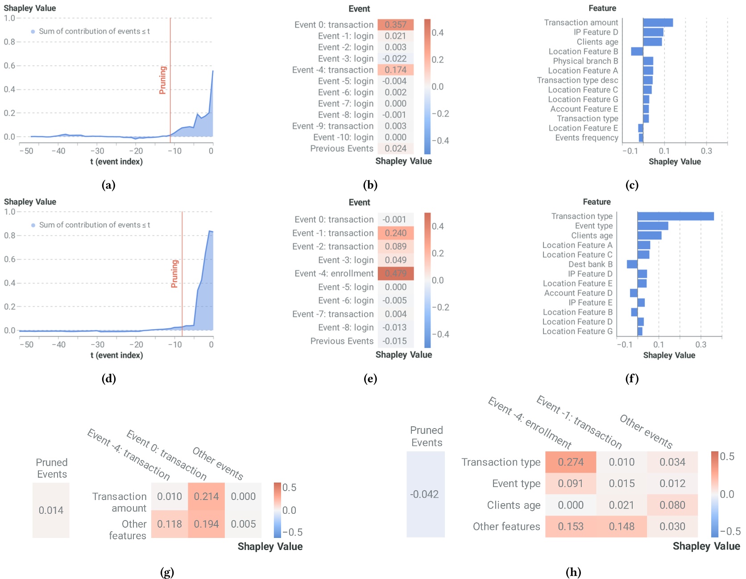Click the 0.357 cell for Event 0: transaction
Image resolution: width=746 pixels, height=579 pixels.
(x=395, y=25)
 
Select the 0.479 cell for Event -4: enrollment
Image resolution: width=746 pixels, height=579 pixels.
(x=395, y=273)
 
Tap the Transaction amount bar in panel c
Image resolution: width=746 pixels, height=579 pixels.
(x=658, y=22)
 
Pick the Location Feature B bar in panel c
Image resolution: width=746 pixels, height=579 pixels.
(x=637, y=51)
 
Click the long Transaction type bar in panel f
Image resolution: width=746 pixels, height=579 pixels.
(x=675, y=216)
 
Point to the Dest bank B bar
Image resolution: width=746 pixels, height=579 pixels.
(x=632, y=264)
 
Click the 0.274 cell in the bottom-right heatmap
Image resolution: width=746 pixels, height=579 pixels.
(x=570, y=462)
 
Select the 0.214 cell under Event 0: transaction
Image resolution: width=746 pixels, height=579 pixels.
(x=206, y=496)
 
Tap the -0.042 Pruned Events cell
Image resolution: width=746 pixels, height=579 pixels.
(x=425, y=494)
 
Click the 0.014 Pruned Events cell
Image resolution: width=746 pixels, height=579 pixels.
(x=51, y=510)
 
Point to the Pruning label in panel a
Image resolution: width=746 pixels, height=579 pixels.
(x=163, y=80)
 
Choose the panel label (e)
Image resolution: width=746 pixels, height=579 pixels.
(x=370, y=379)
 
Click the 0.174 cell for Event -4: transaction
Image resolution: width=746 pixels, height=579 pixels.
(x=395, y=70)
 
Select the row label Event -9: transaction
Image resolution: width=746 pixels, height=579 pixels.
(x=332, y=126)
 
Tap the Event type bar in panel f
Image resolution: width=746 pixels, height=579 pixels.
(x=652, y=226)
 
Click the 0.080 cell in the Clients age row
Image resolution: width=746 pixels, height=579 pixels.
(x=672, y=505)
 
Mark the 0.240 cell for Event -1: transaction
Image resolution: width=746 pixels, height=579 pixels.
(x=395, y=233)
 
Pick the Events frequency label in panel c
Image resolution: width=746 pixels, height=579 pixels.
(x=586, y=137)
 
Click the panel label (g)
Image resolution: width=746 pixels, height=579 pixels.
(x=167, y=572)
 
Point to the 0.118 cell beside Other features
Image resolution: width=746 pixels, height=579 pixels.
(x=169, y=524)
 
